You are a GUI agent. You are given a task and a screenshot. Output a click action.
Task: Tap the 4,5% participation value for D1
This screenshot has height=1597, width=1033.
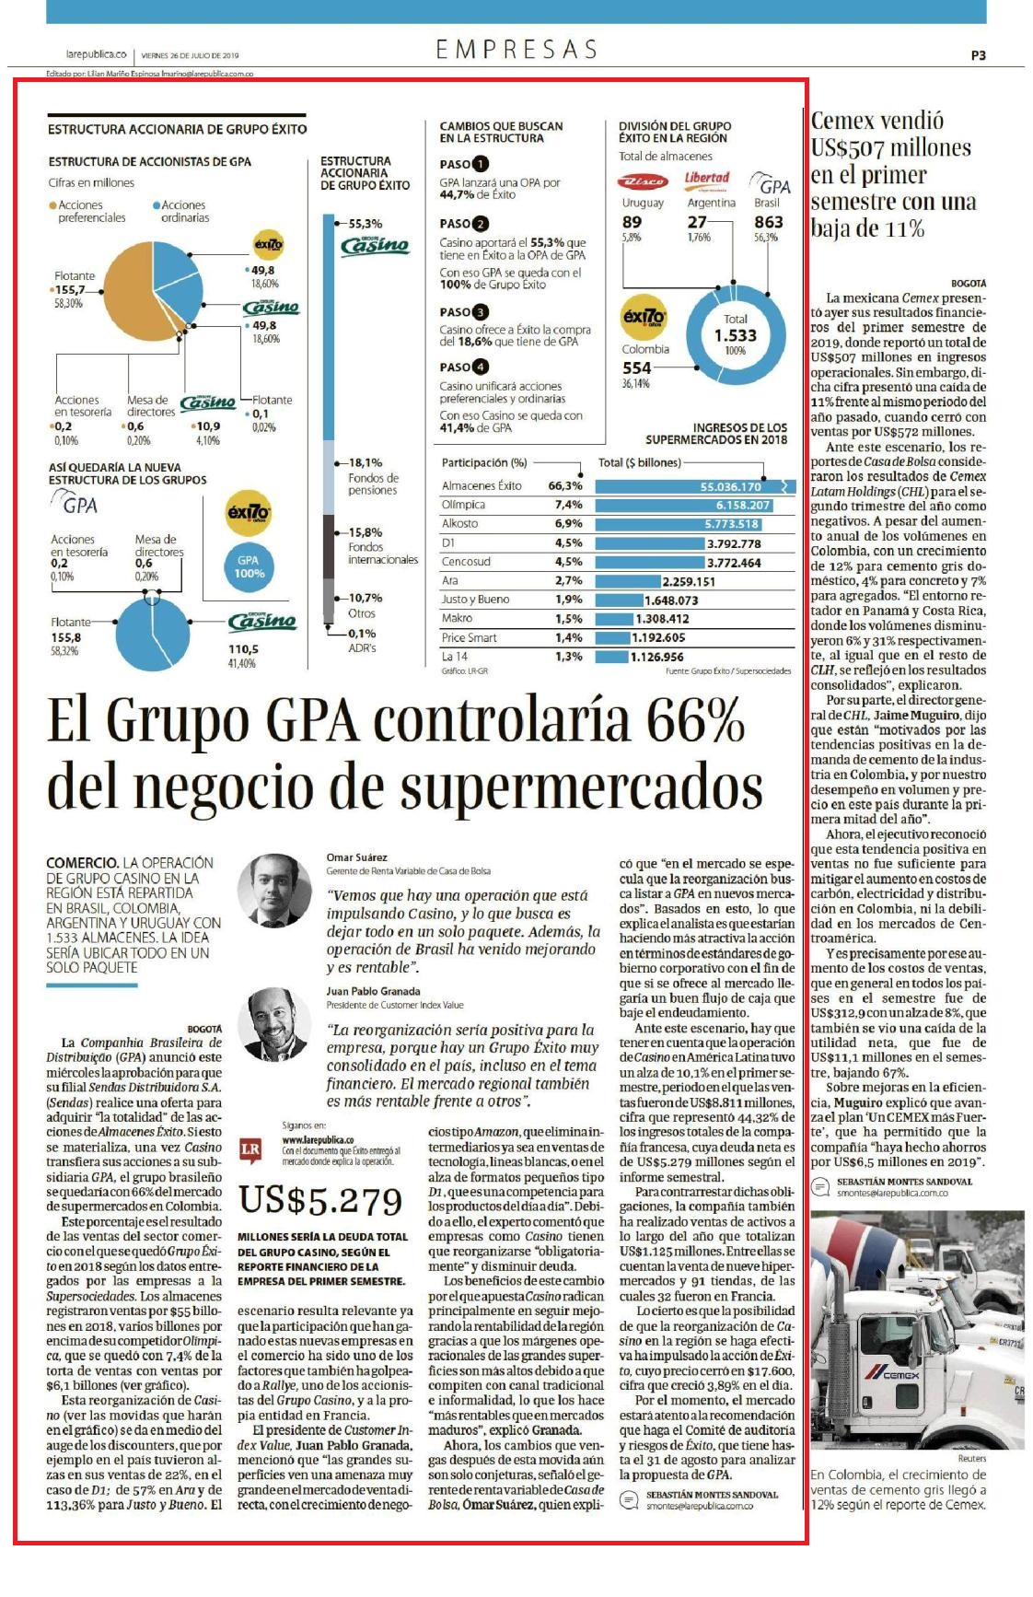point(568,543)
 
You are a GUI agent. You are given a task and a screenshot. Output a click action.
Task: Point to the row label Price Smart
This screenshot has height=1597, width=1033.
point(469,637)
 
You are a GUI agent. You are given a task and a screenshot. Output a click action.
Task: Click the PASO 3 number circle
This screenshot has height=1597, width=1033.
point(481,312)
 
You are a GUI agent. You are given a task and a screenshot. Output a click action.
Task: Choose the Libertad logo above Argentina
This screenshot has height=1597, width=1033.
point(707,180)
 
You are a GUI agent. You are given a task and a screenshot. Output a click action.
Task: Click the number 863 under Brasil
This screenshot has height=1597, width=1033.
point(769,222)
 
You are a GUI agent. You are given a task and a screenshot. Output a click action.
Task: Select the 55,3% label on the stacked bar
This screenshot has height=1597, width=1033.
point(365,224)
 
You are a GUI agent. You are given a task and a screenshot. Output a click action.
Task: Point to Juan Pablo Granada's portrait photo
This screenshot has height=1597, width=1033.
point(274,1023)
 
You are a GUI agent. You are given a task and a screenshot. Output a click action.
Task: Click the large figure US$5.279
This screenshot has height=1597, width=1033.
point(320,1200)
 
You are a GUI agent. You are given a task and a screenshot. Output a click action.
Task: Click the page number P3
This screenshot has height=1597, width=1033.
point(978,55)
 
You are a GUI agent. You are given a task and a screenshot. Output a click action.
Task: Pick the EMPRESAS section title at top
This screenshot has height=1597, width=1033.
point(516,49)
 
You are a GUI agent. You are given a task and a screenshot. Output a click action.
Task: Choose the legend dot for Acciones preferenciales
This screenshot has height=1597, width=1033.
point(52,205)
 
